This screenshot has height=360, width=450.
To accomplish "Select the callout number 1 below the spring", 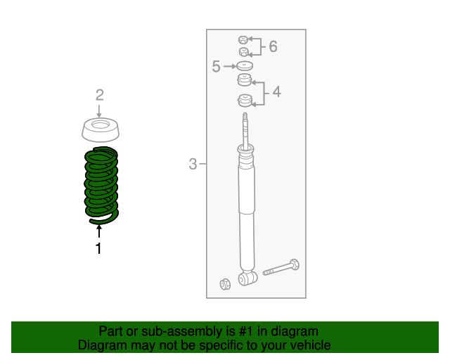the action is click(x=98, y=248).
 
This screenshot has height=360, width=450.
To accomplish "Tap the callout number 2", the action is click(x=100, y=95).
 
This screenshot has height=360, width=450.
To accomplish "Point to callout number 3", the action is click(x=193, y=164).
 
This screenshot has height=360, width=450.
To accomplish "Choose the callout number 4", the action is click(x=276, y=92).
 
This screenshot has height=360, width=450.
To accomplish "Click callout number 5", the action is click(x=216, y=66).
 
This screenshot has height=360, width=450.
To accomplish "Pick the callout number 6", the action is click(x=274, y=46).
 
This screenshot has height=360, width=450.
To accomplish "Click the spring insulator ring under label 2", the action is click(x=100, y=130).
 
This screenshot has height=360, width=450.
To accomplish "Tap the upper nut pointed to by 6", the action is click(x=243, y=40).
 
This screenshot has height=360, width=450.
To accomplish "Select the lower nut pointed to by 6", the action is click(x=244, y=52).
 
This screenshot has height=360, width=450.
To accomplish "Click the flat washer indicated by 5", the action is click(x=245, y=66).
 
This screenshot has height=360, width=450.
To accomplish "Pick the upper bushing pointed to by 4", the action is click(x=245, y=80).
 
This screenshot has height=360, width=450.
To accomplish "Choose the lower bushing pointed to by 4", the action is click(x=245, y=101).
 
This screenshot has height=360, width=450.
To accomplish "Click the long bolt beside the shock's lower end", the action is click(x=281, y=268).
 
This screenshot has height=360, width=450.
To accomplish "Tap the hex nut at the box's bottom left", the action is click(x=225, y=284).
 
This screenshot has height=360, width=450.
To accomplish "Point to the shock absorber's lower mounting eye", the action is click(x=247, y=278).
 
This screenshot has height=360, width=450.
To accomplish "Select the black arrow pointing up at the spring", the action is click(x=99, y=231).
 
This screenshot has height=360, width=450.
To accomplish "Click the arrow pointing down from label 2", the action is click(x=99, y=111).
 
